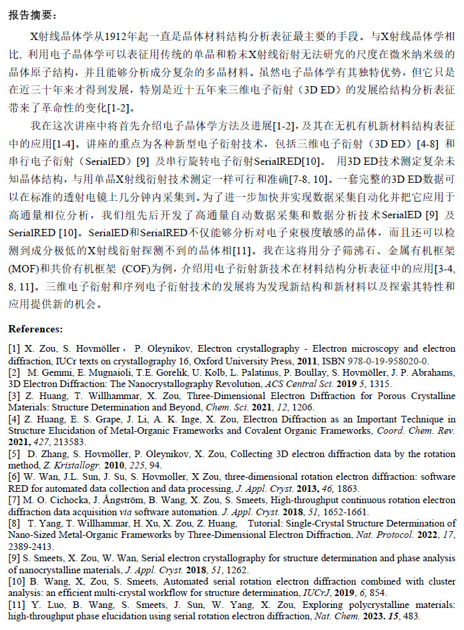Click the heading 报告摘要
[33, 15]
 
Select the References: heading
[35, 329]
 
